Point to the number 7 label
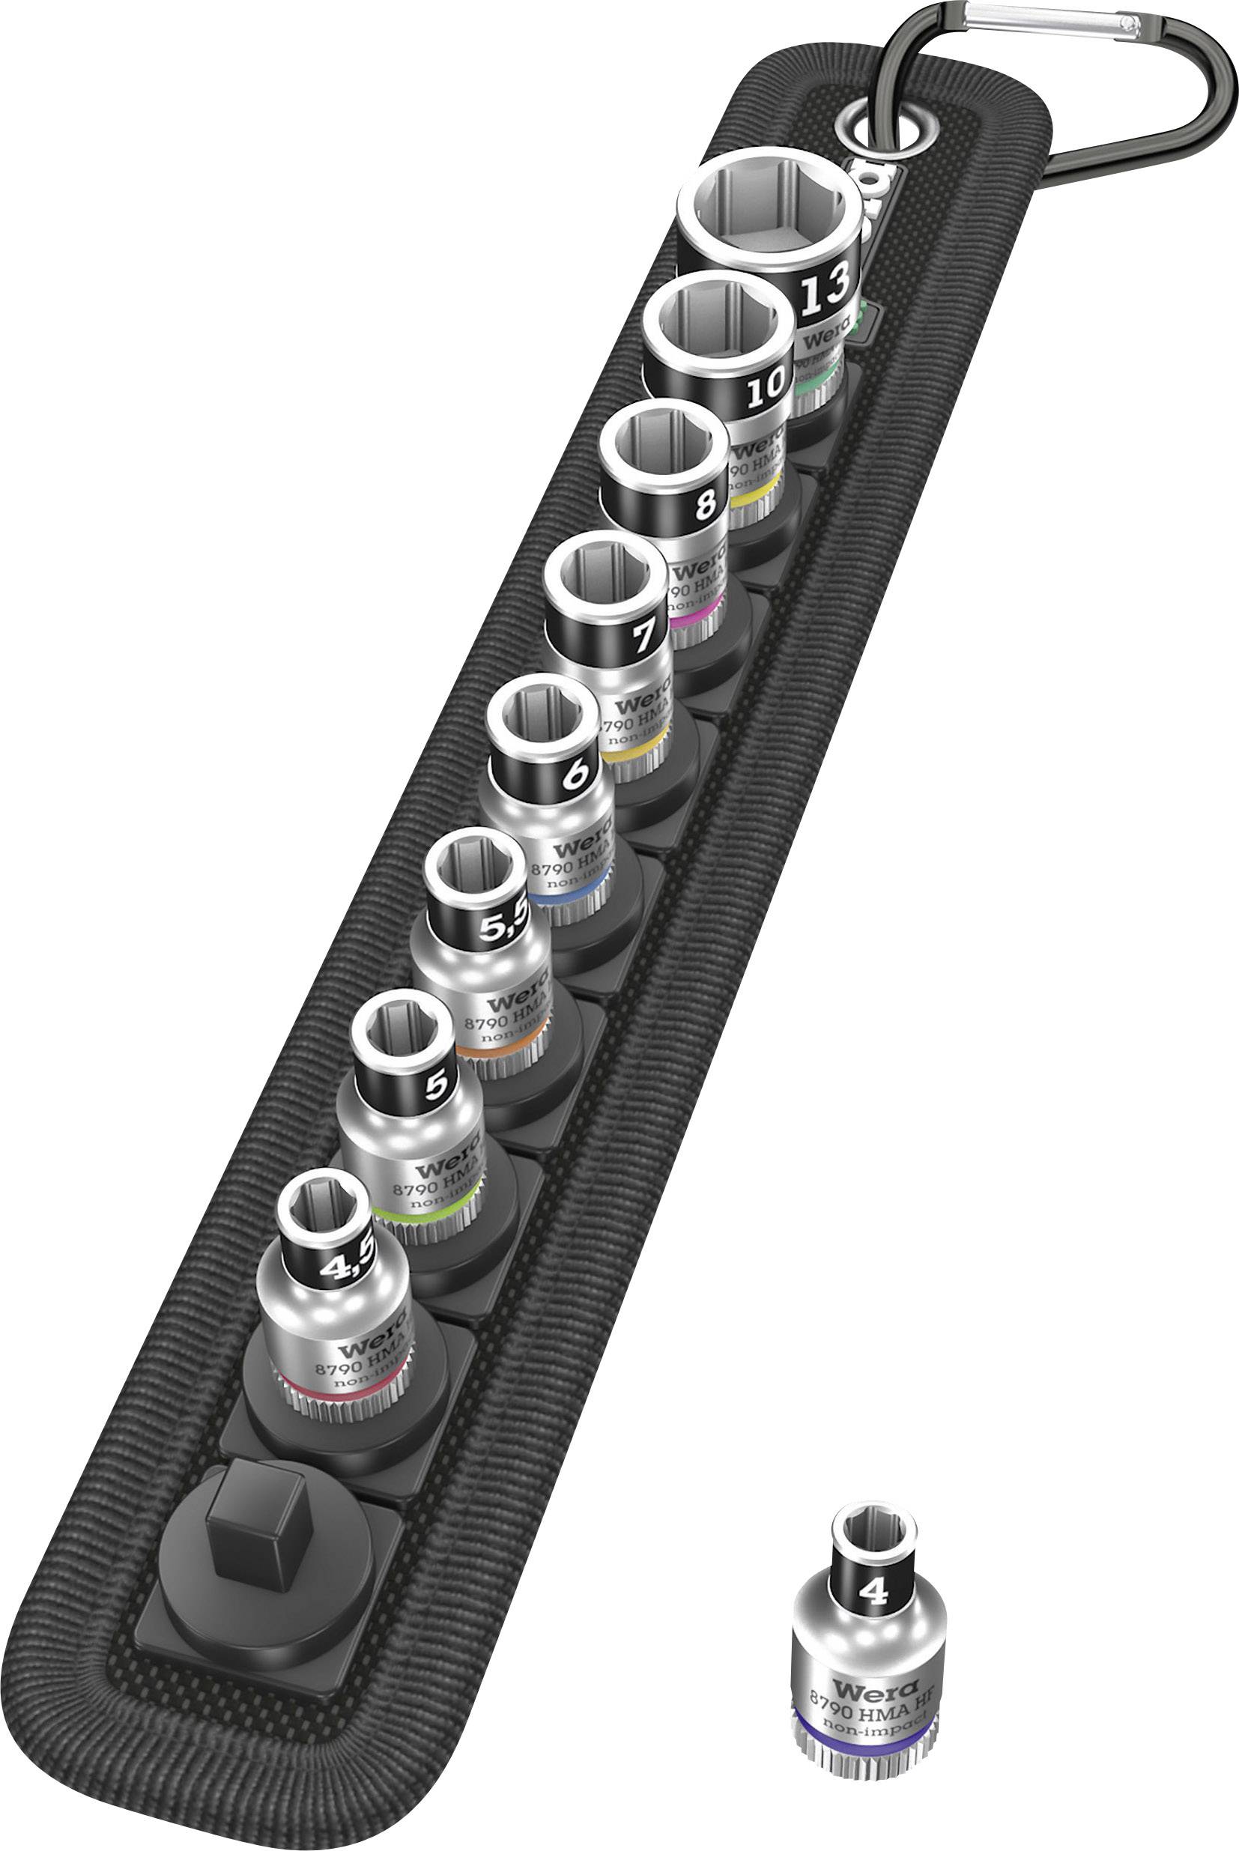point(644,634)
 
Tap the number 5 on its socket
point(436,1085)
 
